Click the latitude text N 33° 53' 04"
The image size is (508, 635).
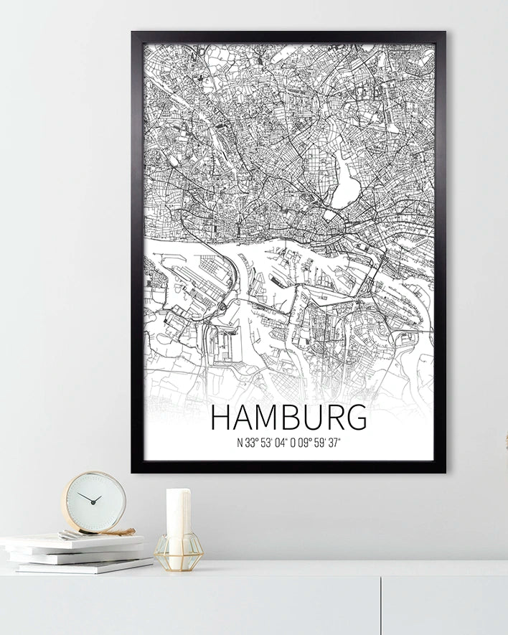pos(261,443)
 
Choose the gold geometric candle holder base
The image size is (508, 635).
pos(178,554)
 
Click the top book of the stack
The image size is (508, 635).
pos(72,540)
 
